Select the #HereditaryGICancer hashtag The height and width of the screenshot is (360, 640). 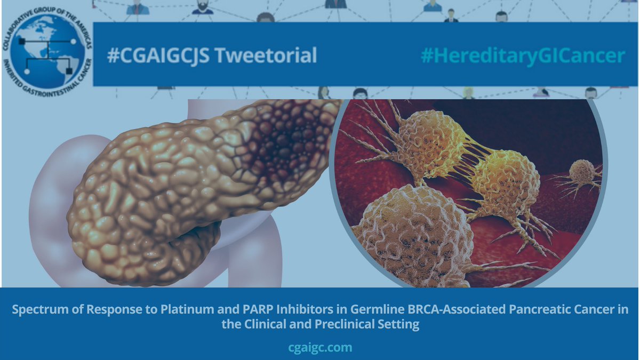pos(523,55)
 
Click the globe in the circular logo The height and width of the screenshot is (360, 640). pos(46,50)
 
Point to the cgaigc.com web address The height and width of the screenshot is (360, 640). pos(320,348)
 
